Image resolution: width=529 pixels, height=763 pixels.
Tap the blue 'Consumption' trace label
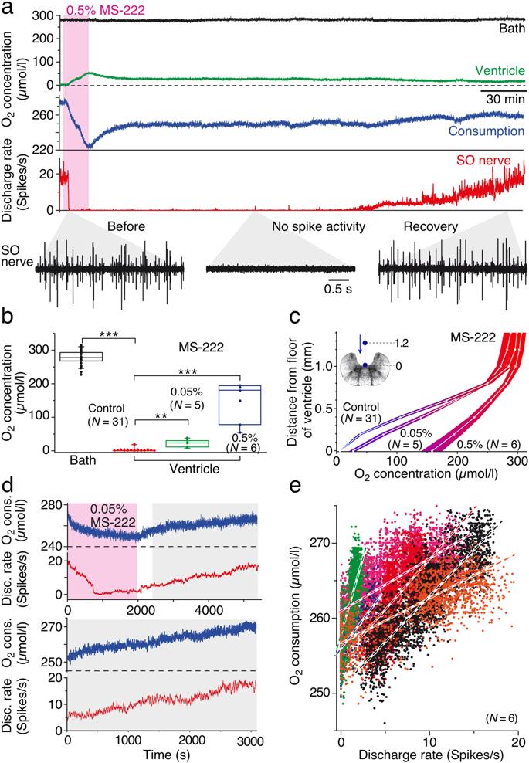(480, 132)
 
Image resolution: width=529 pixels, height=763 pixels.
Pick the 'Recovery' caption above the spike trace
(429, 227)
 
